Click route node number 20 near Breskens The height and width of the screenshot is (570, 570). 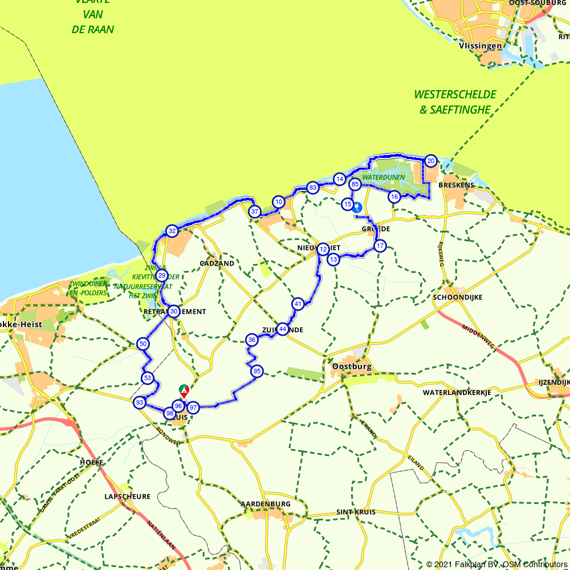pyautogui.click(x=431, y=161)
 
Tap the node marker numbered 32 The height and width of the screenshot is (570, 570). pyautogui.click(x=172, y=231)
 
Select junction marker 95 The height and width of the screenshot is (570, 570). pyautogui.click(x=256, y=371)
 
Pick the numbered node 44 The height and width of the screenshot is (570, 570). pyautogui.click(x=282, y=328)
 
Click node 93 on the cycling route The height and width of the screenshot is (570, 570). pyautogui.click(x=139, y=403)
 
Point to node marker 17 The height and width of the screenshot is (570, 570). pyautogui.click(x=380, y=246)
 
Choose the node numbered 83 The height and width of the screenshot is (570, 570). pyautogui.click(x=312, y=188)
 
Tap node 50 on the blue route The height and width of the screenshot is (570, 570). pyautogui.click(x=143, y=344)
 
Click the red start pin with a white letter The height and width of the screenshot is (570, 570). pyautogui.click(x=184, y=390)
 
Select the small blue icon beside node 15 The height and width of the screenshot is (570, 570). pyautogui.click(x=357, y=207)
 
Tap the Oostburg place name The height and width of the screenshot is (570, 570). pyautogui.click(x=352, y=367)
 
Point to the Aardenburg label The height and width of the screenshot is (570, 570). pyautogui.click(x=266, y=504)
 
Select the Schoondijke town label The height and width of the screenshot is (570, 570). pyautogui.click(x=458, y=298)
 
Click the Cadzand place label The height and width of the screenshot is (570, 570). pyautogui.click(x=217, y=263)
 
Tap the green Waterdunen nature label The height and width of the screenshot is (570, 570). pyautogui.click(x=387, y=177)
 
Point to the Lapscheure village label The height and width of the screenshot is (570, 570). pyautogui.click(x=127, y=496)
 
